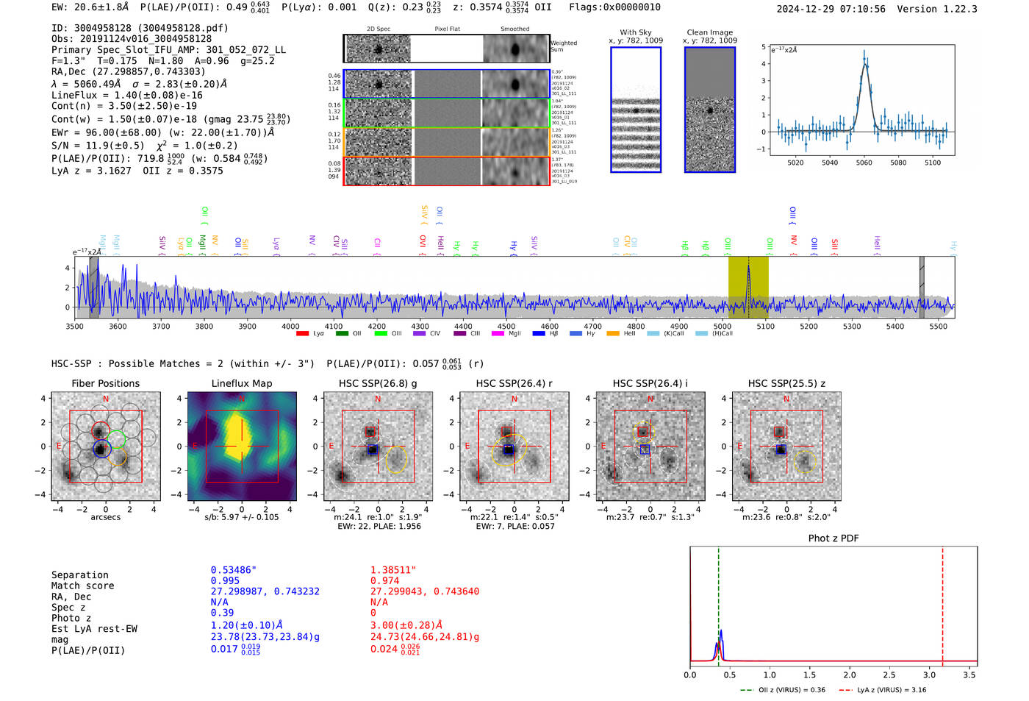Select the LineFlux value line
[126, 95]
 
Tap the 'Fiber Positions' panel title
[105, 383]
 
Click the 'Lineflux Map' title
[241, 383]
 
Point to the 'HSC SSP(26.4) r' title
[514, 383]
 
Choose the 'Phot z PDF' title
[833, 538]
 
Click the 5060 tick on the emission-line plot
[864, 163]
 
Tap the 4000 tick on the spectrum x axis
[290, 326]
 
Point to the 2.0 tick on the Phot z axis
[849, 675]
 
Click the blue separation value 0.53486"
[233, 570]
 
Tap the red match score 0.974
[385, 581]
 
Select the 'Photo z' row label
[71, 618]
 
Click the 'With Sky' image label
[635, 32]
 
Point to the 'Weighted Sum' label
[563, 46]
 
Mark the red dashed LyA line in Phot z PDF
[942, 603]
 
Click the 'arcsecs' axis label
[105, 517]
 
